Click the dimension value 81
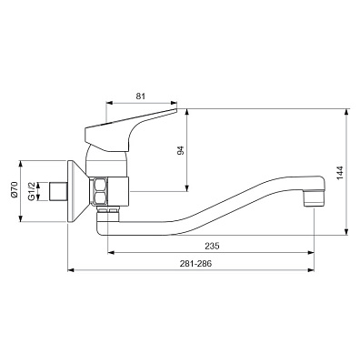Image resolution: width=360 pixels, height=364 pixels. (x=141, y=96)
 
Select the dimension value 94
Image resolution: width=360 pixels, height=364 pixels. (x=181, y=150)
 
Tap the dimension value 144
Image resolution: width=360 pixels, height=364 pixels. (x=340, y=173)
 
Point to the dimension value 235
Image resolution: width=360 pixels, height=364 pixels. (x=212, y=246)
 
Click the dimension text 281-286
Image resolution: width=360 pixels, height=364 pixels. (x=195, y=264)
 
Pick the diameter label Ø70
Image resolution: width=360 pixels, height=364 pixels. (x=15, y=190)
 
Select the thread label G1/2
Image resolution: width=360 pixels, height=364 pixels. (x=31, y=191)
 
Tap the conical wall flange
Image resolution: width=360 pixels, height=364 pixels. (x=78, y=191)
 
